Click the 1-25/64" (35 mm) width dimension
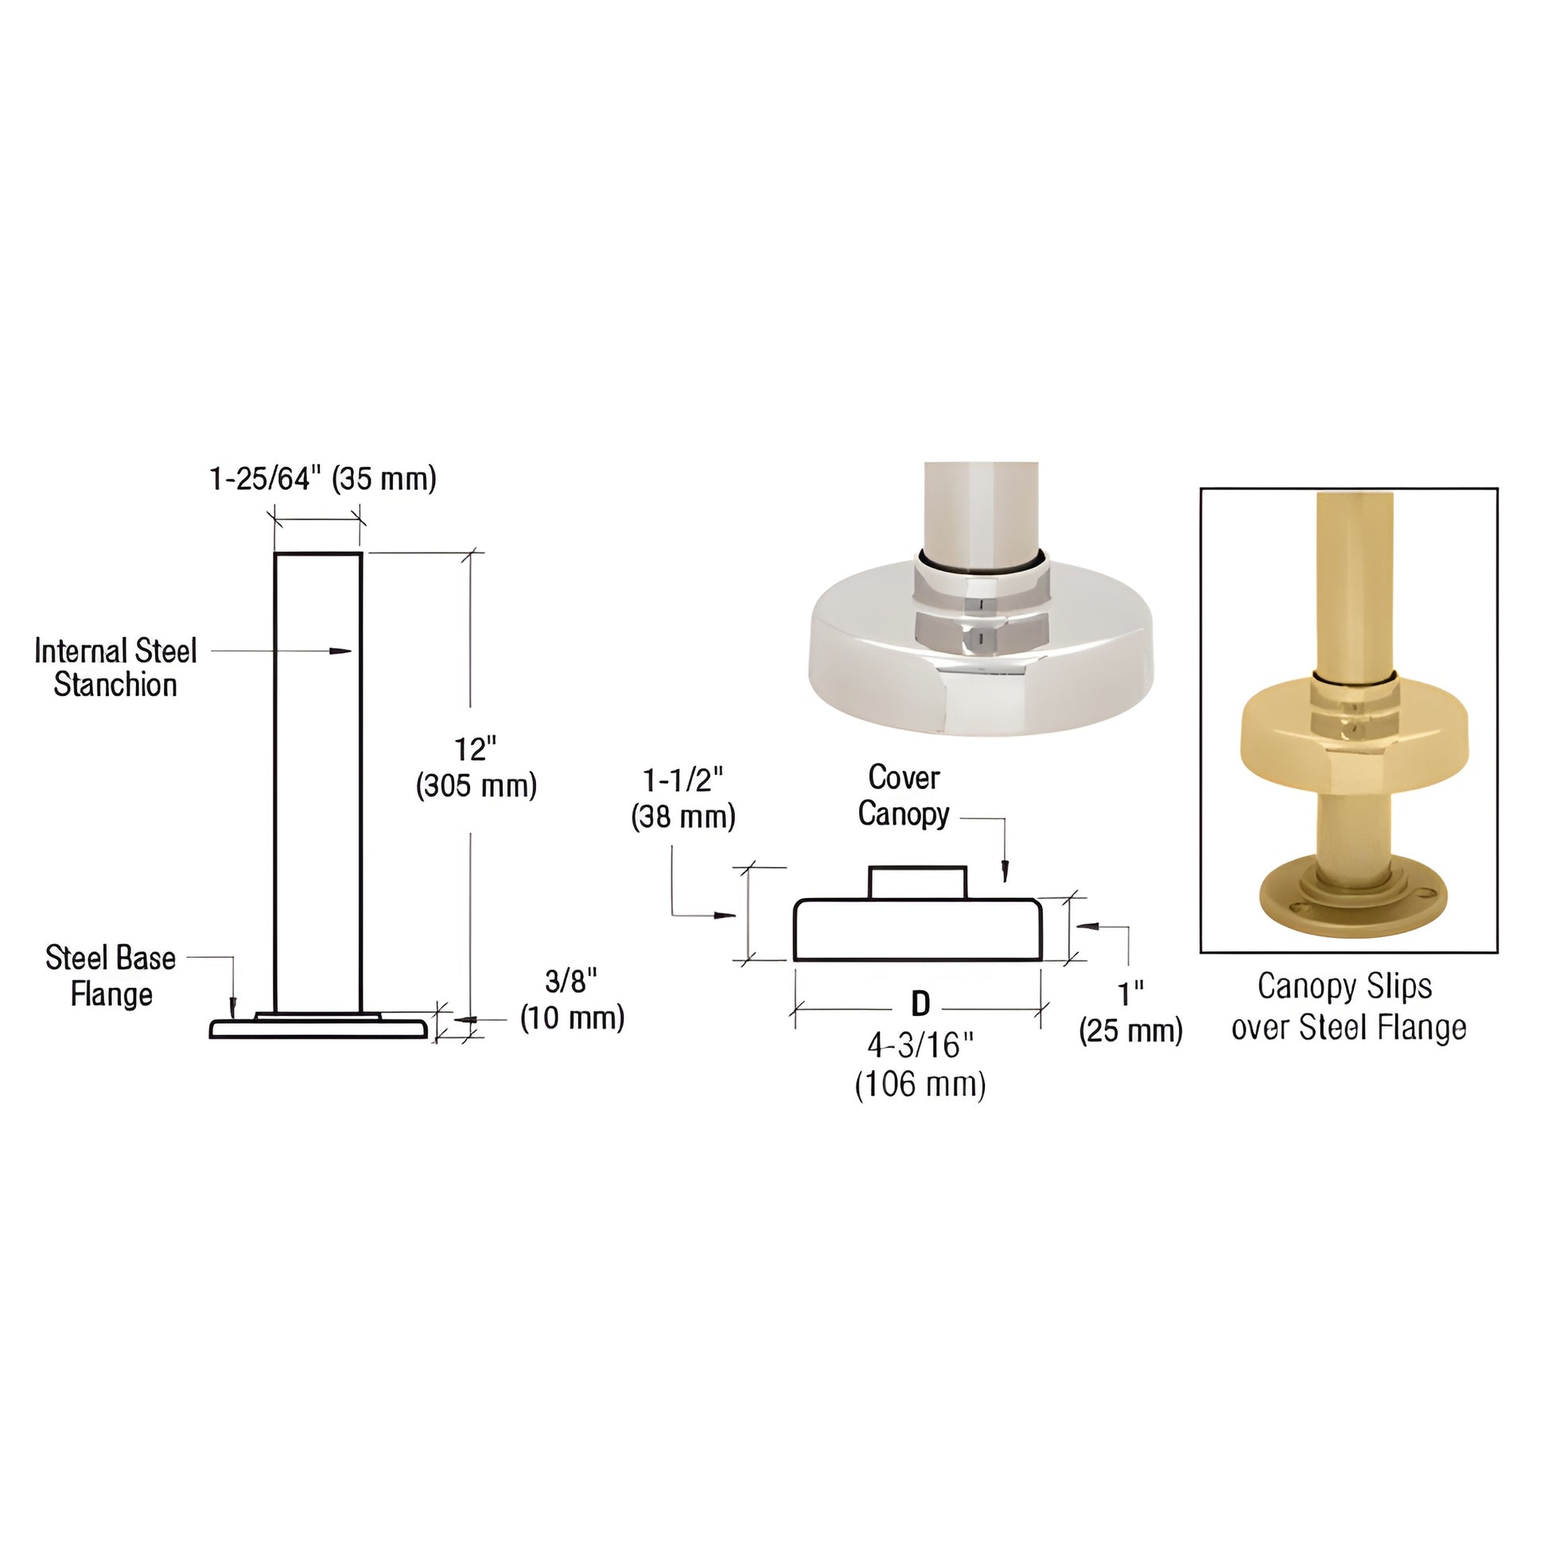tap(322, 478)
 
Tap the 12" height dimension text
tap(475, 749)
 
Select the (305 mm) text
tap(476, 785)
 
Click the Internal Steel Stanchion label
tap(115, 667)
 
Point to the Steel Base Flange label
tap(111, 976)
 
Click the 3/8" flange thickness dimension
tap(571, 980)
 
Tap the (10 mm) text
tap(572, 1017)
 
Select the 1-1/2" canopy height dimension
tap(683, 780)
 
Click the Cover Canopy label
tap(904, 795)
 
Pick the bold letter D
tap(920, 1003)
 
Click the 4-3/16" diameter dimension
tap(920, 1044)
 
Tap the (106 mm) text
tap(920, 1085)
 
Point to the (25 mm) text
tap(1130, 1030)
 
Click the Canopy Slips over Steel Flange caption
tap(1348, 1006)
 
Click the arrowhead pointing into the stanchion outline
tap(342, 651)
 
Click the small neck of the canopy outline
tap(918, 882)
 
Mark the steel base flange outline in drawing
tap(318, 1027)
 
